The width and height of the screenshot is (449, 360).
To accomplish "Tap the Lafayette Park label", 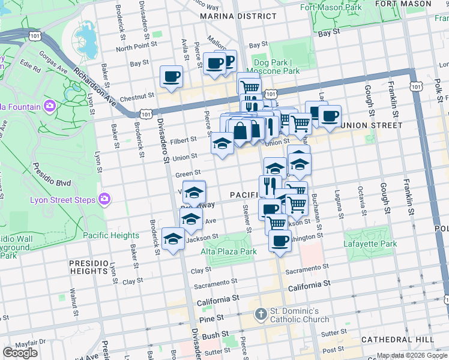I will pyautogui.click(x=370, y=244).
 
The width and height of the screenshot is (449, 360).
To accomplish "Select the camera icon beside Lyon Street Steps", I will pyautogui.click(x=104, y=199).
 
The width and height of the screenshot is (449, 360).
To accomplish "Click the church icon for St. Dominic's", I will pyautogui.click(x=261, y=314).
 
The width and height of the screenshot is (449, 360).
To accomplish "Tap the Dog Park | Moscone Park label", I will pyautogui.click(x=276, y=67).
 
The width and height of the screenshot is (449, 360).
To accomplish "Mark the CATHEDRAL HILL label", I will pyautogui.click(x=398, y=340).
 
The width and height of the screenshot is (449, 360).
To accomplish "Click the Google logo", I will pyautogui.click(x=20, y=353).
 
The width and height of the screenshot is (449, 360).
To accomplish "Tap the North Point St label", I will pyautogui.click(x=136, y=47).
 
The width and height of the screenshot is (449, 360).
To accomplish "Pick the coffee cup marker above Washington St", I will pyautogui.click(x=280, y=241).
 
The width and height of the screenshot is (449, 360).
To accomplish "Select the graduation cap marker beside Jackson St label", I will pyautogui.click(x=173, y=239).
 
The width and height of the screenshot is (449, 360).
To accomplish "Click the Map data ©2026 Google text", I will pyautogui.click(x=412, y=355).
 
